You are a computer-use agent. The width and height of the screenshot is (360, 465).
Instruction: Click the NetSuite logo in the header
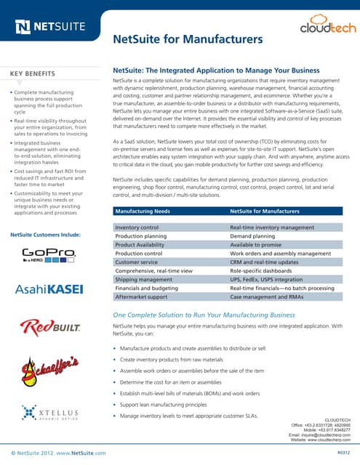pyautogui.click(x=49, y=28)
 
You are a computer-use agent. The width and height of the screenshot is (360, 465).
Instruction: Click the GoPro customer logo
pyautogui.click(x=49, y=255)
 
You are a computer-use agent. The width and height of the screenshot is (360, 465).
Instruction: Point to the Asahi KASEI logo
pyautogui.click(x=49, y=289)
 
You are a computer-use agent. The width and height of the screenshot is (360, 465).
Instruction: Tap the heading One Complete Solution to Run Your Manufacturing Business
pyautogui.click(x=203, y=315)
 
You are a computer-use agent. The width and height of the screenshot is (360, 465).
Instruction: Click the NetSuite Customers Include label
pyautogui.click(x=45, y=235)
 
